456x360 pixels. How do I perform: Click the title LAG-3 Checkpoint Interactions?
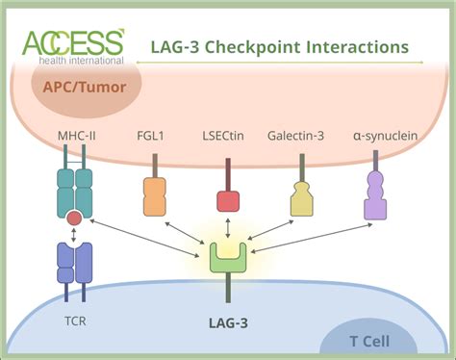(279, 46)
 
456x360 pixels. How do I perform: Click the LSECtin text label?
(227, 137)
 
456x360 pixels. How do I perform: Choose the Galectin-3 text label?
(301, 137)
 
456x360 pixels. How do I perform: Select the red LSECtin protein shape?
(228, 200)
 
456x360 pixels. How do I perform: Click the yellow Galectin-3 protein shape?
(301, 198)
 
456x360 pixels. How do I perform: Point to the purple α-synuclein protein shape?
(376, 196)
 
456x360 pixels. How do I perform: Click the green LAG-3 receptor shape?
(228, 259)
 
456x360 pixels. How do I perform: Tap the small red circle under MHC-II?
(74, 219)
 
